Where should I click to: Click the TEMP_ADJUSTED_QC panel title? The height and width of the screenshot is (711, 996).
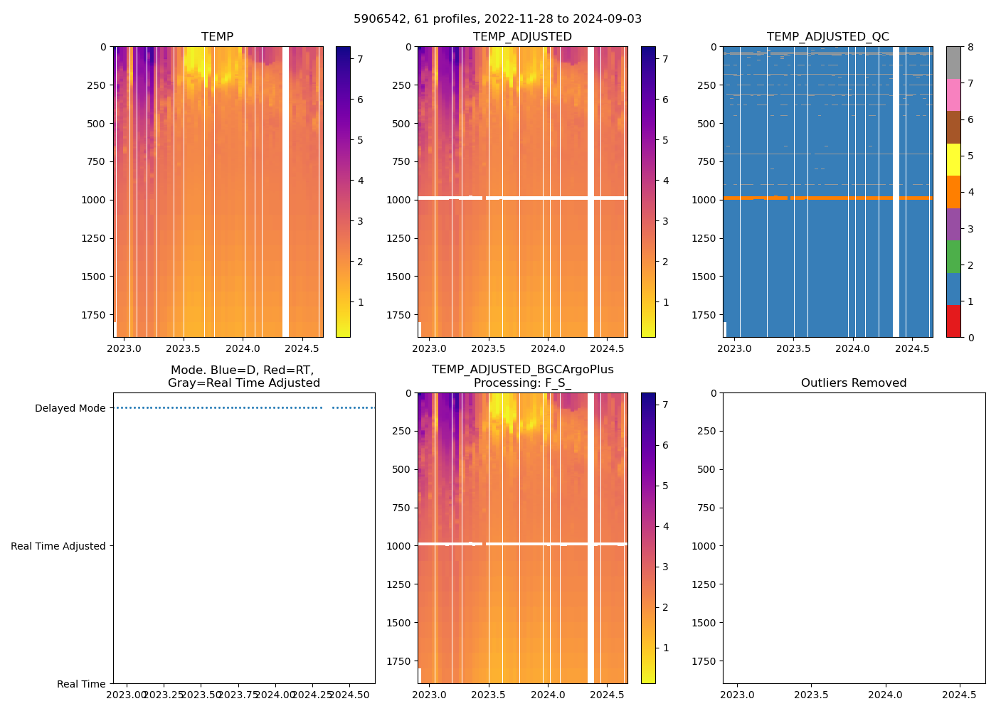pos(827,37)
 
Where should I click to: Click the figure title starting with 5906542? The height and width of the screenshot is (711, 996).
pos(497,19)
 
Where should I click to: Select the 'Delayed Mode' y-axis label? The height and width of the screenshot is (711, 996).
pos(70,408)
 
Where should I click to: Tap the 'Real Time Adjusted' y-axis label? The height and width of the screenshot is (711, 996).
pos(58,546)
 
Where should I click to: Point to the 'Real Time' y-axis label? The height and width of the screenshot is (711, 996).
pos(81,684)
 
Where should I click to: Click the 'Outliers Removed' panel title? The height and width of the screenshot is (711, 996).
pos(854,383)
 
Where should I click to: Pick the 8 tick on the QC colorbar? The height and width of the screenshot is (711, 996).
pos(970,47)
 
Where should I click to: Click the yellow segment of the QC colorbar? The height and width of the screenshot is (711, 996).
pos(953,160)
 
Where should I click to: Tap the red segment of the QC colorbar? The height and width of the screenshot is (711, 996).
pos(953,321)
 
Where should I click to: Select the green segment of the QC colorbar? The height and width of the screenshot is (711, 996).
pos(953,257)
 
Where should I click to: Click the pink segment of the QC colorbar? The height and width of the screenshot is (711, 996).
pos(953,95)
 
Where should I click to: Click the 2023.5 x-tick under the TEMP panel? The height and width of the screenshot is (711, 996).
pos(184,348)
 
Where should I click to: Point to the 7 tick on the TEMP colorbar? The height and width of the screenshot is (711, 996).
pos(360,59)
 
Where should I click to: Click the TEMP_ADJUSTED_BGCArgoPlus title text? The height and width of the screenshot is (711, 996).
pos(522,370)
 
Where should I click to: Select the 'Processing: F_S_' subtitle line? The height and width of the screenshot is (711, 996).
pos(522,383)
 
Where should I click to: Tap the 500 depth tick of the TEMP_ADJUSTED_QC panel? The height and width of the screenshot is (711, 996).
pos(706,124)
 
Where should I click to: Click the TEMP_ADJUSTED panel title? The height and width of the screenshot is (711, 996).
pos(522,37)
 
